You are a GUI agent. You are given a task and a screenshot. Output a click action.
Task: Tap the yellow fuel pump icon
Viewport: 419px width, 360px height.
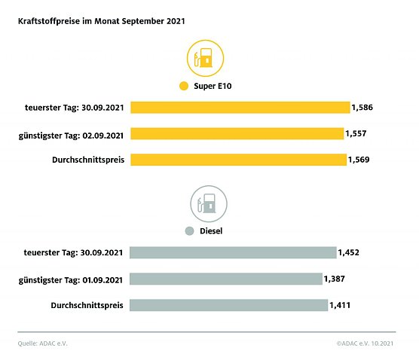point(203,59)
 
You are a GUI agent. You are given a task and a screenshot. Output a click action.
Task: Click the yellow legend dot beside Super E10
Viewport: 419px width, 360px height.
point(183,87)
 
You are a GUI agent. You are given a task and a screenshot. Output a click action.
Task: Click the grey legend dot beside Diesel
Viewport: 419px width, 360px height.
point(190,232)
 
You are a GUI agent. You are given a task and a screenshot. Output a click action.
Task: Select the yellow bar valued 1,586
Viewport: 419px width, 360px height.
point(240,108)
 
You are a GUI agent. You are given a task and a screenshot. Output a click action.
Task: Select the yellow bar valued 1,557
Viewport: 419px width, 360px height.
point(237,133)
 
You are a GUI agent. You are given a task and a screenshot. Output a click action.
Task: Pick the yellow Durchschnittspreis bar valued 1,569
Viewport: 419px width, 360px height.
point(238,160)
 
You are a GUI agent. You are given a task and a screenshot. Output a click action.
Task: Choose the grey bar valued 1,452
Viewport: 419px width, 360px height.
point(234,252)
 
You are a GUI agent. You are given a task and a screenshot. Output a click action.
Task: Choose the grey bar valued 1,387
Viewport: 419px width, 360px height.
point(226,279)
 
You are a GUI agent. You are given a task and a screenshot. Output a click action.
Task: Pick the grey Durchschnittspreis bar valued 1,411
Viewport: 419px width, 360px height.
point(229,305)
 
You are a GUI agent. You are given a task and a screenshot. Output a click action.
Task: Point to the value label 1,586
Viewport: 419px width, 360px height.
point(362,108)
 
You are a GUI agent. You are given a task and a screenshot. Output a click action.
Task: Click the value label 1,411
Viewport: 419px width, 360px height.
point(341,305)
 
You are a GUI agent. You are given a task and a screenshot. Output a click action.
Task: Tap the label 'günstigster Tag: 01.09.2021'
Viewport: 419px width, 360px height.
point(72,279)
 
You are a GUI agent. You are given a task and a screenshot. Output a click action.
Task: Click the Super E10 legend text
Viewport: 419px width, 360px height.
point(213,87)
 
